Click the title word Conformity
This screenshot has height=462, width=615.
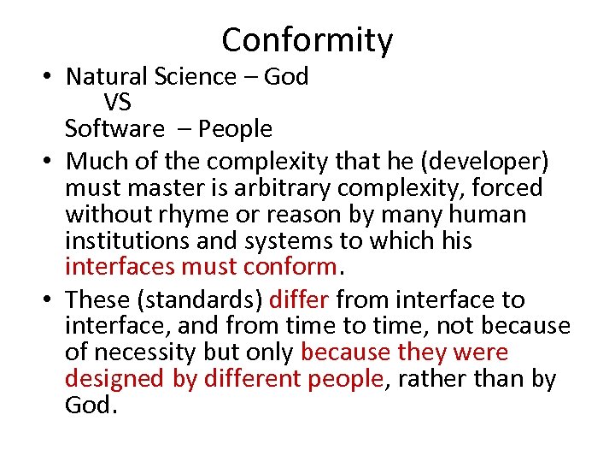tap(307, 40)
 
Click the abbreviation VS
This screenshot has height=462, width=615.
tap(118, 103)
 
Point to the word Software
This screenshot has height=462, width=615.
tap(114, 129)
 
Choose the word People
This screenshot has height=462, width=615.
tap(236, 129)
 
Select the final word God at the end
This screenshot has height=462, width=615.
tap(89, 405)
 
